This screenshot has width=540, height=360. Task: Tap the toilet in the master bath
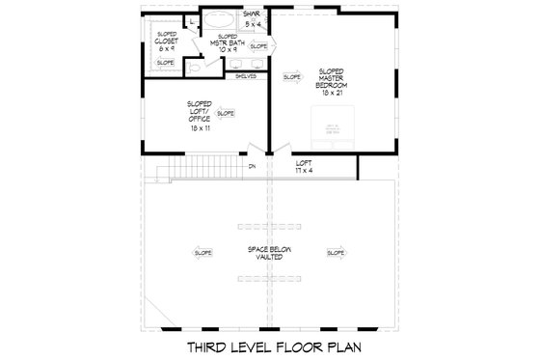point(193,69)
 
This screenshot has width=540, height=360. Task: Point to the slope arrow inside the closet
point(166,63)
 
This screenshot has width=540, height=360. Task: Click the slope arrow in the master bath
point(258,45)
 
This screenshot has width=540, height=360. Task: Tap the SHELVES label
point(245,75)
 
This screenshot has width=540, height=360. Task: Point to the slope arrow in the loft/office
point(227,113)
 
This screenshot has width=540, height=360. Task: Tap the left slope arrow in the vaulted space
point(203,253)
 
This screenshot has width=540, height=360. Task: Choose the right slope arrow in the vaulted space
point(336,253)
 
